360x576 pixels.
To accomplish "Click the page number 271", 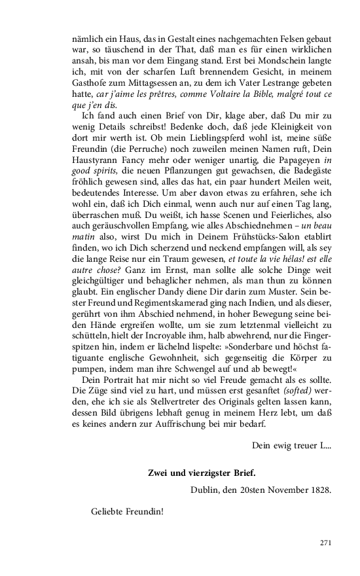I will pos(325,543).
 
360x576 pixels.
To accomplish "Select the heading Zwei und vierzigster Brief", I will pos(202,473).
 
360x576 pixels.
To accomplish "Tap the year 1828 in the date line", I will pos(318,490).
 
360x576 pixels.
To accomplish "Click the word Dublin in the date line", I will pos(206,490).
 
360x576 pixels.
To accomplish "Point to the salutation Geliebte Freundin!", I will pos(127,511).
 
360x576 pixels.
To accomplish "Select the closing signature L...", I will pos(324,446).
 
